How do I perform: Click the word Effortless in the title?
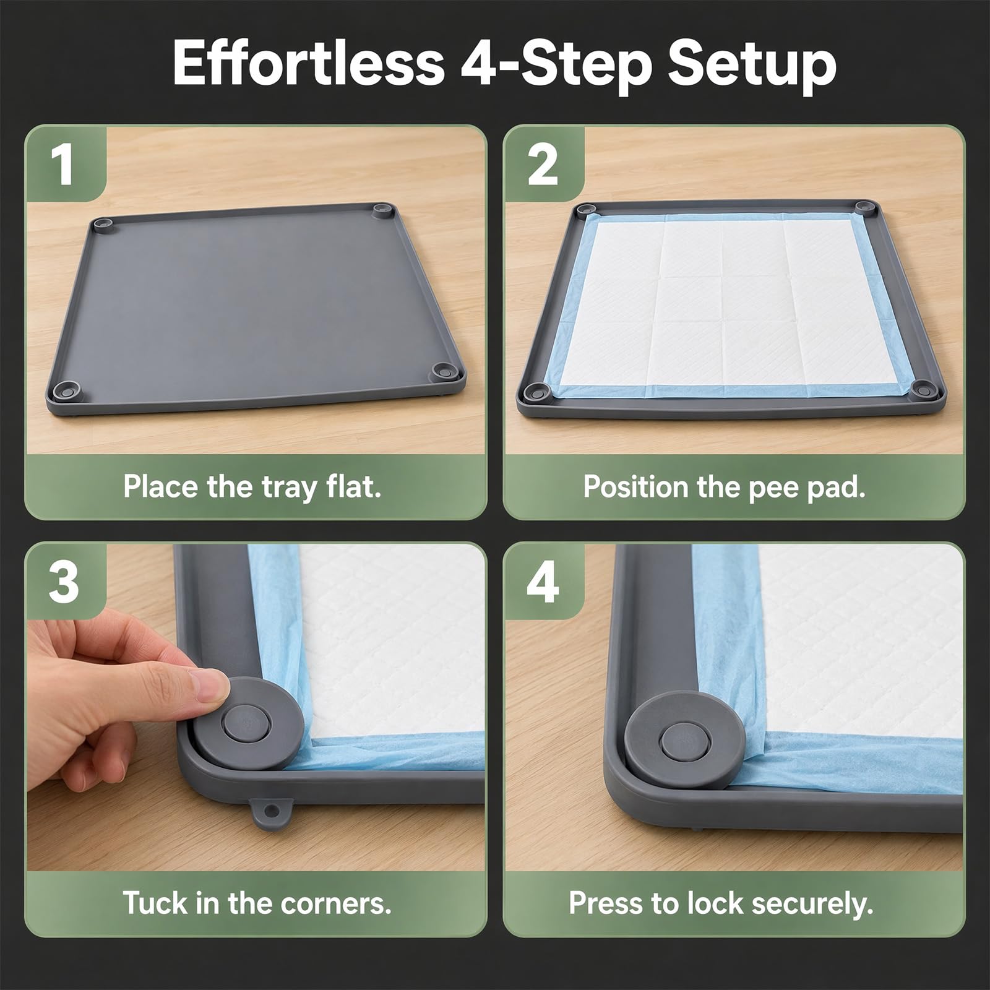click(308, 63)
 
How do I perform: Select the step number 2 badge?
click(543, 165)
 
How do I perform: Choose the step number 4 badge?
click(543, 582)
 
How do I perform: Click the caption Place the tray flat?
click(252, 486)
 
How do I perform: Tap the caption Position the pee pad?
click(724, 487)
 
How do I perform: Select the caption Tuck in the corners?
click(257, 903)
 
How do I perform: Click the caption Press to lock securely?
click(721, 903)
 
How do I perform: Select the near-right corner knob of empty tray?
click(444, 372)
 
